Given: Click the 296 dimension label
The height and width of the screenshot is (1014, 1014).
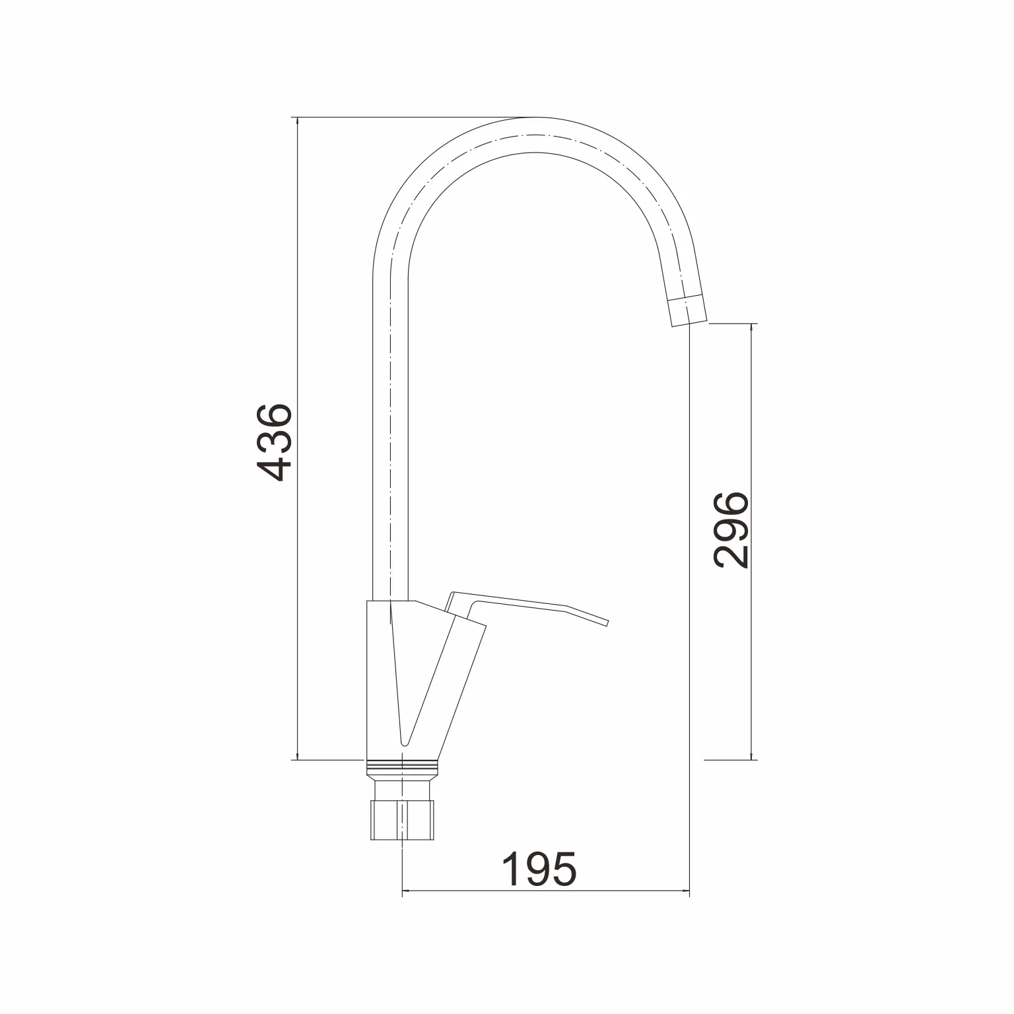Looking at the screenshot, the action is point(731,529).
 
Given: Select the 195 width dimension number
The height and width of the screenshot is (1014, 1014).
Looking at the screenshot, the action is point(539,869).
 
